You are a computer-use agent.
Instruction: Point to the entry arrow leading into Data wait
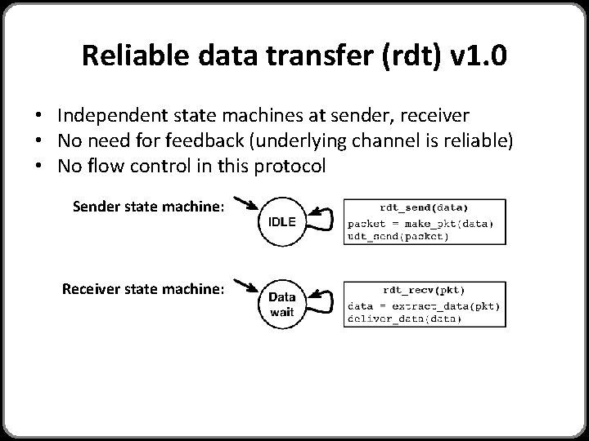pyautogui.click(x=245, y=285)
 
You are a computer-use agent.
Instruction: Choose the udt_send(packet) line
pyautogui.click(x=398, y=236)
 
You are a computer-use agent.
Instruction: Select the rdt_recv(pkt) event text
pyautogui.click(x=424, y=289)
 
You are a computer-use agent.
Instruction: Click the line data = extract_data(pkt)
pyautogui.click(x=424, y=305)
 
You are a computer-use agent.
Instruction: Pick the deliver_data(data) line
pyautogui.click(x=404, y=318)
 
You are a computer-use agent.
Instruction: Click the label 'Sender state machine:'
pyautogui.click(x=148, y=207)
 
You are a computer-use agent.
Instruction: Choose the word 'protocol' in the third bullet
pyautogui.click(x=290, y=167)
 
